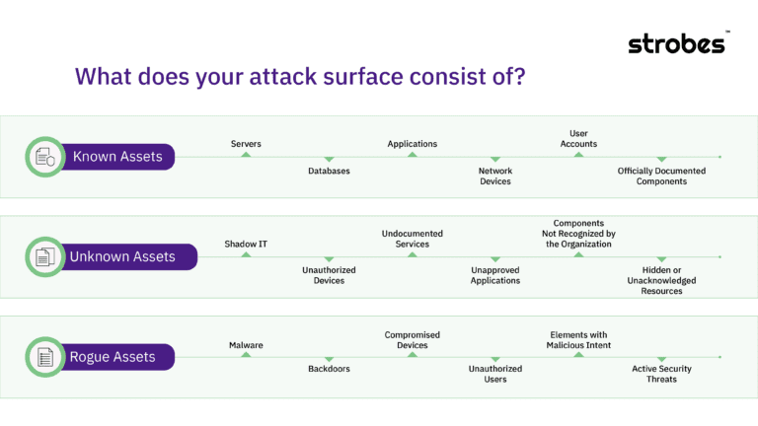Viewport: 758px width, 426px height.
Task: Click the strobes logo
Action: tap(678, 43)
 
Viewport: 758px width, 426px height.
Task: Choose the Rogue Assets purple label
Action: tap(113, 357)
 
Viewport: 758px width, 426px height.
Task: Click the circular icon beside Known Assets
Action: tap(44, 157)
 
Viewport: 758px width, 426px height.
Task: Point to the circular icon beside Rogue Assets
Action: tap(44, 357)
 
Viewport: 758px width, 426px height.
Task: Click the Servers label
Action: tap(246, 144)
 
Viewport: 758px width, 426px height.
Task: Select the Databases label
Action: tap(329, 171)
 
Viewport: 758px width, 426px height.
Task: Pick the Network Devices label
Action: tap(494, 176)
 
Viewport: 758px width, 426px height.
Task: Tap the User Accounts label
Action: tap(578, 138)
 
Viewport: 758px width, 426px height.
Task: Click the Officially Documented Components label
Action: tap(661, 176)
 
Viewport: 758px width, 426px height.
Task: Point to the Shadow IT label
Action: tap(246, 244)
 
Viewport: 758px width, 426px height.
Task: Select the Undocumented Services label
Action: tap(412, 239)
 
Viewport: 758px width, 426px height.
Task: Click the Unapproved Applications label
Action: tap(494, 275)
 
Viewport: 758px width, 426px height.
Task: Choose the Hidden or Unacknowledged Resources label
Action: tap(661, 280)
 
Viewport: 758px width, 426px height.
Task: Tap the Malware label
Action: tap(246, 345)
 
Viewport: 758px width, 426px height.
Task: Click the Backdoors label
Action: tap(329, 369)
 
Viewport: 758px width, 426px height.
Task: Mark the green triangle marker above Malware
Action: tap(246, 354)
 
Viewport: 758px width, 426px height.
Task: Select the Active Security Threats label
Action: tap(661, 374)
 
